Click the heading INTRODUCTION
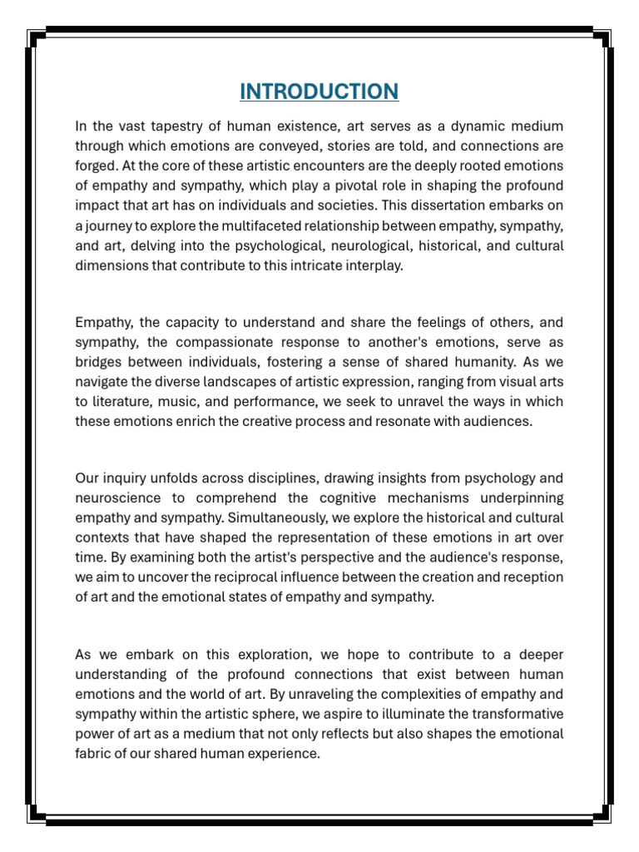tap(319, 91)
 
